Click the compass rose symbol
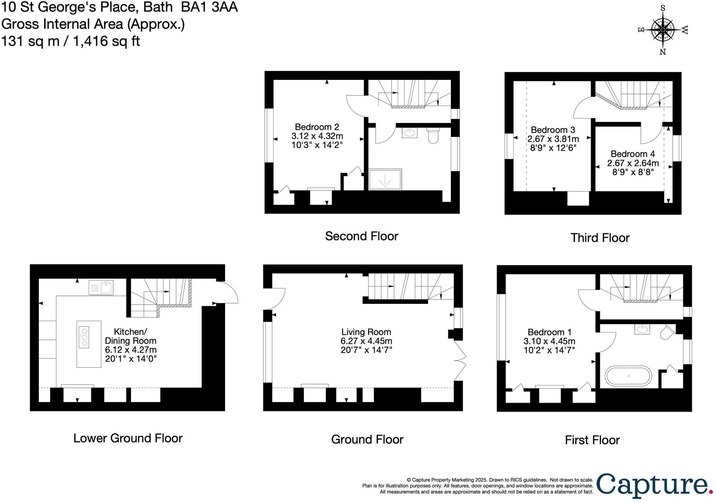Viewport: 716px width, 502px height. pyautogui.click(x=662, y=30)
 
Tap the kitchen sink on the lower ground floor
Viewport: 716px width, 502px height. pyautogui.click(x=101, y=287)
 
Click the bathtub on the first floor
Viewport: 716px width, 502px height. pyautogui.click(x=628, y=376)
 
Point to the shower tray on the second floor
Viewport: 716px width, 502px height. pyautogui.click(x=385, y=179)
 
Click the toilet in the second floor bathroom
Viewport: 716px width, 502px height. pyautogui.click(x=433, y=135)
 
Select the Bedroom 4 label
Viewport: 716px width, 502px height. pyautogui.click(x=632, y=154)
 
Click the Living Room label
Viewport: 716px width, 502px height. pyautogui.click(x=366, y=332)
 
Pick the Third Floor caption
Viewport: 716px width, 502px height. pyautogui.click(x=600, y=238)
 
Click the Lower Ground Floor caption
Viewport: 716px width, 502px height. pyautogui.click(x=128, y=438)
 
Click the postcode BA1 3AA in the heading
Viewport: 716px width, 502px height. pyautogui.click(x=209, y=7)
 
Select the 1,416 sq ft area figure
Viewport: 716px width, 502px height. pyautogui.click(x=106, y=41)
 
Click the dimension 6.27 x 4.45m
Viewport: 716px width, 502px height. pyautogui.click(x=366, y=341)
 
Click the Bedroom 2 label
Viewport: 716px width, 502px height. pyautogui.click(x=317, y=127)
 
